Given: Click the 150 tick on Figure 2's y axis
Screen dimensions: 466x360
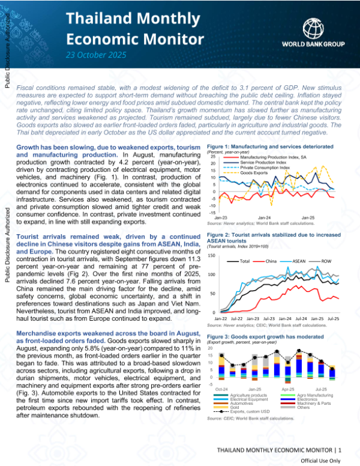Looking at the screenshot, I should [212, 256].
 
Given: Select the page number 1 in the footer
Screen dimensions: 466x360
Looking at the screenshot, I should [340, 449].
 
